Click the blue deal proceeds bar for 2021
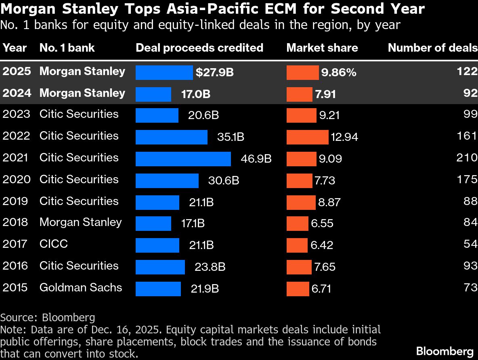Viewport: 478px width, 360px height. [183, 159]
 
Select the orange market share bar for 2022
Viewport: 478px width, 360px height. [307, 137]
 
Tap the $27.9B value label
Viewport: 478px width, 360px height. [214, 73]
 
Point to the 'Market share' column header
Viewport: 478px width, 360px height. [322, 48]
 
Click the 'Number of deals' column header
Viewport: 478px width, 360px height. [432, 48]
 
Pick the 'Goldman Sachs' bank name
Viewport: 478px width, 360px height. [81, 288]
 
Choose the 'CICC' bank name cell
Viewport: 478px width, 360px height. [54, 244]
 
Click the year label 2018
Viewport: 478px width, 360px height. [16, 222]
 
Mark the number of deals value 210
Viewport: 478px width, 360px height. [467, 157]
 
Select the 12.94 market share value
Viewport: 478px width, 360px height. [344, 137]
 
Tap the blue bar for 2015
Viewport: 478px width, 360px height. [158, 289]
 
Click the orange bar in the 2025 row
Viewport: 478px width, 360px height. [302, 73]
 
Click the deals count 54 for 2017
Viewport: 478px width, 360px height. [470, 244]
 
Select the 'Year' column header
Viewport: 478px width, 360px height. [15, 48]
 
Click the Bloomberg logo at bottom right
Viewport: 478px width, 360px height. [444, 351]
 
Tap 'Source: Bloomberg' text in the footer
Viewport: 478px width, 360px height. [48, 317]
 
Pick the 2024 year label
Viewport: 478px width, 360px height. [17, 93]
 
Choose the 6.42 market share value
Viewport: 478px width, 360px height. [322, 245]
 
